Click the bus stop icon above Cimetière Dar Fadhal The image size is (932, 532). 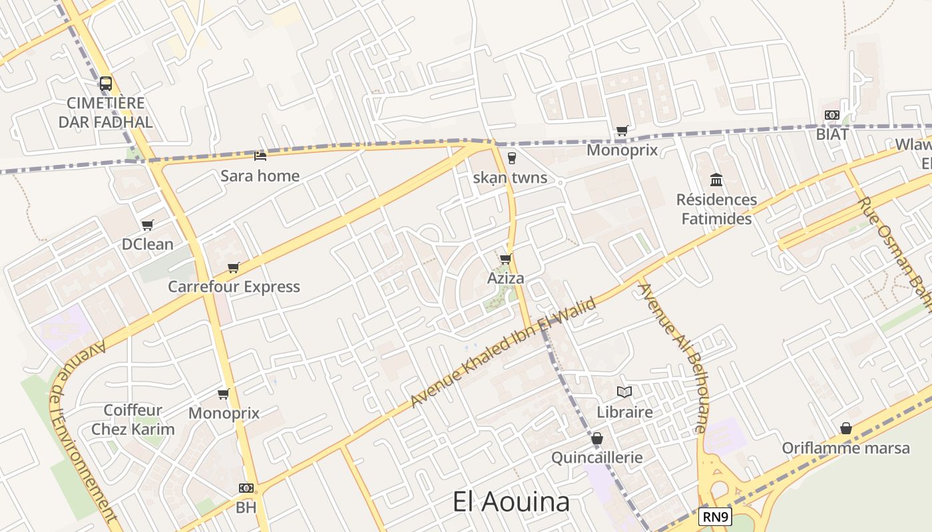pyautogui.click(x=106, y=84)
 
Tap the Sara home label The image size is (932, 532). pyautogui.click(x=260, y=176)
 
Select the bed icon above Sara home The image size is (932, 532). pyautogui.click(x=260, y=156)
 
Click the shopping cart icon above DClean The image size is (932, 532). pyautogui.click(x=148, y=225)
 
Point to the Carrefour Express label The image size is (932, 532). pyautogui.click(x=234, y=287)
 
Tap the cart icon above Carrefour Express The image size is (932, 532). pyautogui.click(x=233, y=267)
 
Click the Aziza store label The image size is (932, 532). pyautogui.click(x=505, y=278)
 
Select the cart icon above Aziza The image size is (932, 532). pyautogui.click(x=505, y=259)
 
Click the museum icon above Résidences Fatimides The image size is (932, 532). pyautogui.click(x=716, y=180)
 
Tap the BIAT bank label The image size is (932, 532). pyautogui.click(x=832, y=134)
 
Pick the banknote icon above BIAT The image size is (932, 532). pyautogui.click(x=832, y=115)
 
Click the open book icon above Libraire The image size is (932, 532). pyautogui.click(x=624, y=392)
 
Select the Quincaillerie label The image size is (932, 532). pyautogui.click(x=597, y=458)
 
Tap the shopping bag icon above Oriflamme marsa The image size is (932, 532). pyautogui.click(x=845, y=428)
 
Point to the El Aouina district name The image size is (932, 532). pyautogui.click(x=511, y=502)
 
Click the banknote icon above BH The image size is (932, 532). pyautogui.click(x=246, y=488)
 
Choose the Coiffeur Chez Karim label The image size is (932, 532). pyautogui.click(x=132, y=420)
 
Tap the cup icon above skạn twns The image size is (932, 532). pyautogui.click(x=511, y=158)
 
